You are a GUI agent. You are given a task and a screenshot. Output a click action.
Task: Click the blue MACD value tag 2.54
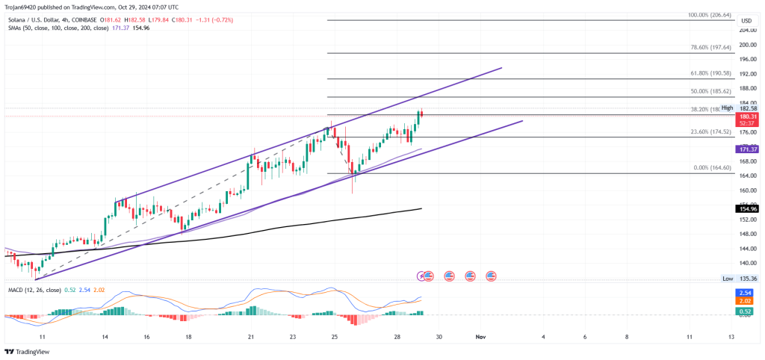pyautogui.click(x=746, y=293)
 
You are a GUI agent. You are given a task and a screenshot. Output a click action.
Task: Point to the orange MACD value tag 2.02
pyautogui.click(x=746, y=302)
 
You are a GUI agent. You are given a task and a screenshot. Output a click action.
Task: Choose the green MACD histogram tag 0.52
pyautogui.click(x=746, y=311)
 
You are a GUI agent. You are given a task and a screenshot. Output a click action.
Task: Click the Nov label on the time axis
pyautogui.click(x=481, y=338)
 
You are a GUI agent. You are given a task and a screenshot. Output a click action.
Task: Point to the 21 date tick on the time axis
pyautogui.click(x=251, y=338)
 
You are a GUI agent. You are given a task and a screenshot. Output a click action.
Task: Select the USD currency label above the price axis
pyautogui.click(x=746, y=20)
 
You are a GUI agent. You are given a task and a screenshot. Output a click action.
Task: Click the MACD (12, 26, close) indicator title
pyautogui.click(x=34, y=290)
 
